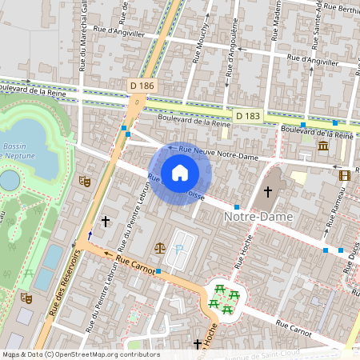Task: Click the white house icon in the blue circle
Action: [180, 172]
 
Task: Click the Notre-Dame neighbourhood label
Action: [258, 217]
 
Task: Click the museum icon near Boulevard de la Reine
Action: [323, 146]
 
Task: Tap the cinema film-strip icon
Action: [344, 175]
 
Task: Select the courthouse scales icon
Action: [160, 248]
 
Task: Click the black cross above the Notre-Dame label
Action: [268, 192]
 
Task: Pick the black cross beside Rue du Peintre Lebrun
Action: [105, 220]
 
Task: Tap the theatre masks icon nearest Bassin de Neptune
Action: [84, 181]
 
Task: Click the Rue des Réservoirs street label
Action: [66, 284]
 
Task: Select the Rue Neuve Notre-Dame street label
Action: [218, 153]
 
